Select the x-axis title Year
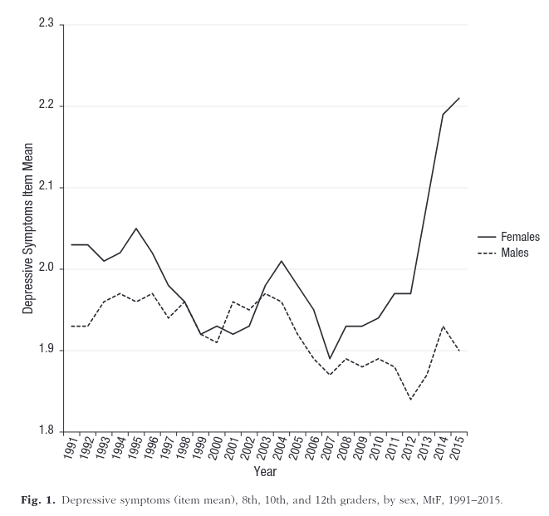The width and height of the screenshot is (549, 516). [x=265, y=472]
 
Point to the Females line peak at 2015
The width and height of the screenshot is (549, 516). [x=459, y=98]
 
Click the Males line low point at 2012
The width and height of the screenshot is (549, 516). [x=410, y=399]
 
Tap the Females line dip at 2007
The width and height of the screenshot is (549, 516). [x=330, y=358]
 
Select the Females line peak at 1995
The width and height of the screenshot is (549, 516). [x=136, y=229]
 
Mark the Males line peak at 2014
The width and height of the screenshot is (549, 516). [x=443, y=326]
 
